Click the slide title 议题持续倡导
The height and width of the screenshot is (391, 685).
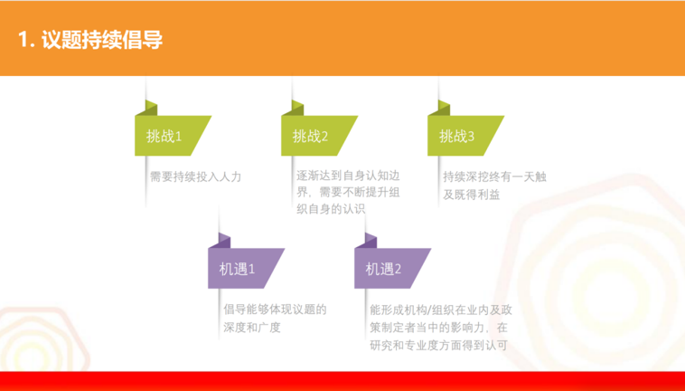[x=102, y=40]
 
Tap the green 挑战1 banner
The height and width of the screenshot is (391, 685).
[x=171, y=136]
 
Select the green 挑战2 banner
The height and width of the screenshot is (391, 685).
[x=316, y=136]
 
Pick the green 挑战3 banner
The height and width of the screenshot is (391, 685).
[x=463, y=136]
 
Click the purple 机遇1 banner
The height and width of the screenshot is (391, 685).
[x=244, y=268]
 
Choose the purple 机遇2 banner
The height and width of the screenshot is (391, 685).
[x=390, y=268]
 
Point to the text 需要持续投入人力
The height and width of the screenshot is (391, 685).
[x=196, y=176]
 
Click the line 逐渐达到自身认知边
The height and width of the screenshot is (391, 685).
[x=348, y=176]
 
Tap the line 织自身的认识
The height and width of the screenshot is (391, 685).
[x=331, y=209]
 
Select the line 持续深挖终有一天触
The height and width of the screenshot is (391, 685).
[x=494, y=176]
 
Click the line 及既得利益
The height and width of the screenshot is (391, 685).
[x=472, y=195]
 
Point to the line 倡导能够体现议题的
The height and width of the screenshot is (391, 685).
[x=276, y=310]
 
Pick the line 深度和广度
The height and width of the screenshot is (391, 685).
[x=252, y=327]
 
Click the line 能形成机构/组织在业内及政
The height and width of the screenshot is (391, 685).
[x=441, y=310]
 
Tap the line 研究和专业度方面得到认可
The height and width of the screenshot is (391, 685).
[x=438, y=346]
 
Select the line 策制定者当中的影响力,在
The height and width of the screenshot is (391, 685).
[x=438, y=328]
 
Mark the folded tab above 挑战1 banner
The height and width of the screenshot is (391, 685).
[x=146, y=108]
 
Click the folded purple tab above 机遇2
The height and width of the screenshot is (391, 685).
[x=366, y=241]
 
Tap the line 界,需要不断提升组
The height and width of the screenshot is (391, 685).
[x=348, y=193]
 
